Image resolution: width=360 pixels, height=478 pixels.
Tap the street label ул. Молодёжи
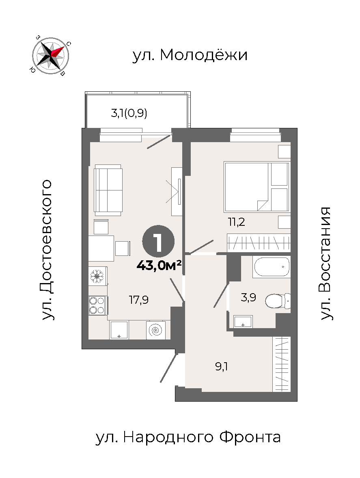[190, 55]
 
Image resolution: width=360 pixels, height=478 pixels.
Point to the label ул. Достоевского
[47, 250]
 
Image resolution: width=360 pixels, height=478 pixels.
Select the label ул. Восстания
[325, 264]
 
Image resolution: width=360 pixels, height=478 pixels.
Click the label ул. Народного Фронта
[188, 437]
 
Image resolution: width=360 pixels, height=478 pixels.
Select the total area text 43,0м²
[159, 266]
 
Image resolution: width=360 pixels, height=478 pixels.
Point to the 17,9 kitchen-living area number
[139, 300]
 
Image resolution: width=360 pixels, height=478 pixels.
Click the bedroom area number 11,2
[237, 222]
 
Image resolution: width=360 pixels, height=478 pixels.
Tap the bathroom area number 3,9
[248, 297]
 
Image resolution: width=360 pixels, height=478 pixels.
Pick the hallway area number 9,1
[222, 366]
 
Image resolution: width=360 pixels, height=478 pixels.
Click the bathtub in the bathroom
[271, 267]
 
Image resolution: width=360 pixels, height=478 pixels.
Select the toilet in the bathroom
[278, 301]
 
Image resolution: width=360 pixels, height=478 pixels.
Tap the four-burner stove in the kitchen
[97, 305]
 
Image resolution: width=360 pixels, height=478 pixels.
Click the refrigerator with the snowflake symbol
[97, 276]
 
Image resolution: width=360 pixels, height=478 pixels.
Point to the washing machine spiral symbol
[156, 330]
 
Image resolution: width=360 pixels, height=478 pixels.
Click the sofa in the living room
[108, 189]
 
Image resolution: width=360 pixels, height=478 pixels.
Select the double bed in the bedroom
[257, 186]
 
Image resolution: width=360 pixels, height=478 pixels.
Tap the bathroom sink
[243, 322]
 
